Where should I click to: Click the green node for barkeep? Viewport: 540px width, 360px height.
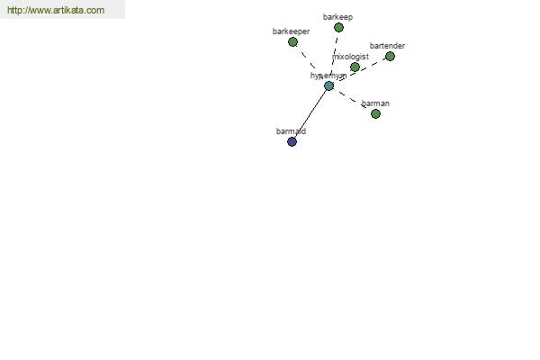[x=338, y=27]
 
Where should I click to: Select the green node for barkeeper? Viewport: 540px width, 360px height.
[x=292, y=41]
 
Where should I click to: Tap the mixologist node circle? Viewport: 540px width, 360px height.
[x=355, y=67]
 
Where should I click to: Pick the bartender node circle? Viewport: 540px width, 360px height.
[x=390, y=56]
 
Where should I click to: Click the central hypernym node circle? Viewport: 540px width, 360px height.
[x=328, y=85]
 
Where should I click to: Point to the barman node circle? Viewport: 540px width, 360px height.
[x=375, y=113]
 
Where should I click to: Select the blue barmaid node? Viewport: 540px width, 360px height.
[x=292, y=141]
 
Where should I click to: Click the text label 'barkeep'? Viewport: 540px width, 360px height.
[x=337, y=17]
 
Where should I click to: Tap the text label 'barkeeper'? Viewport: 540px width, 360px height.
[x=291, y=31]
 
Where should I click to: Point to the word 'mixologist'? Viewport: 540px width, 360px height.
[x=350, y=57]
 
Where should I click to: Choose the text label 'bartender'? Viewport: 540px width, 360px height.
[x=387, y=46]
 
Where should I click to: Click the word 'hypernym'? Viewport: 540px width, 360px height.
[x=328, y=76]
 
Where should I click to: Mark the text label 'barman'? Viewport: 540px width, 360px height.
[x=375, y=103]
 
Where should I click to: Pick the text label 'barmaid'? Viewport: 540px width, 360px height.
[x=291, y=131]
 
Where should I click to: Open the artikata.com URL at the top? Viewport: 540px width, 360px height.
[x=56, y=11]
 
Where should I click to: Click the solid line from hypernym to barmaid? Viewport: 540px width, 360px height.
[x=310, y=113]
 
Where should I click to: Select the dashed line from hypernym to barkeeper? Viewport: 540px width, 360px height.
[x=308, y=60]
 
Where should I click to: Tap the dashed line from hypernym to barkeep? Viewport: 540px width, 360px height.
[x=334, y=54]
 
